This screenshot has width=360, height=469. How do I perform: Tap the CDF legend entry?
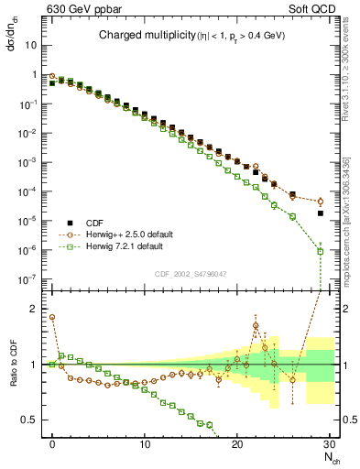coord(93,222)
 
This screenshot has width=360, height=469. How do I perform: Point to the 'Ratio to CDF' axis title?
coord(13,376)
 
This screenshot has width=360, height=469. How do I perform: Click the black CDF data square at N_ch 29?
coord(320,213)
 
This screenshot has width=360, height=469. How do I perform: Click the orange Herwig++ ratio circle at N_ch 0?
coord(52,318)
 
